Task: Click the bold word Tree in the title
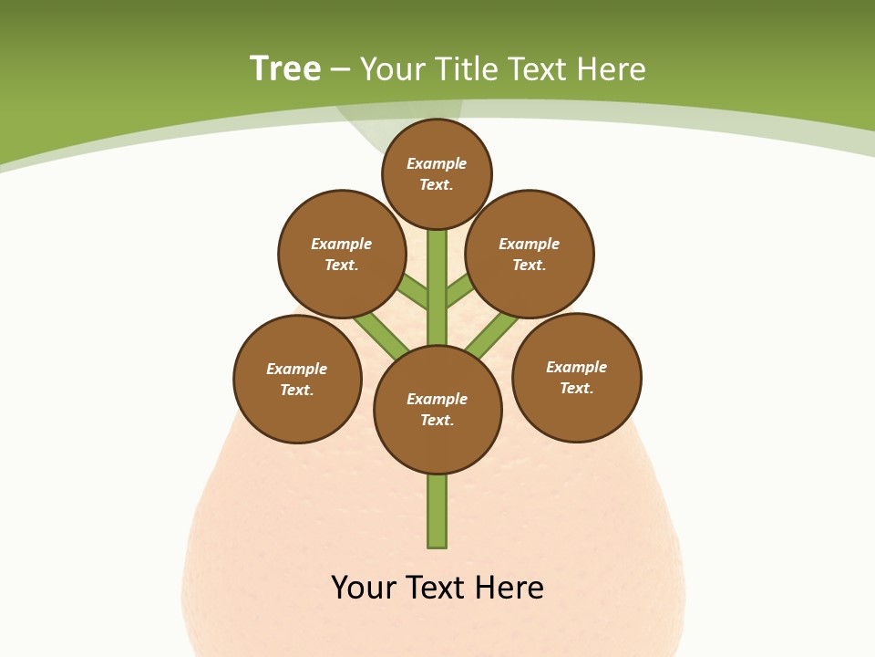[x=285, y=68]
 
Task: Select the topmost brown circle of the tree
[x=437, y=174]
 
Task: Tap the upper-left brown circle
[x=342, y=254]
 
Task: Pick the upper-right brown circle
[x=530, y=254]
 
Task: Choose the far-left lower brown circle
[x=297, y=379]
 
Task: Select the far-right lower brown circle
[x=577, y=377]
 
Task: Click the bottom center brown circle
[x=437, y=410]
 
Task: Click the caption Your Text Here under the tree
[x=437, y=587]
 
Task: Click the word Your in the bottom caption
[x=363, y=587]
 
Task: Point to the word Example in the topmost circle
[x=437, y=164]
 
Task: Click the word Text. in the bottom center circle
[x=437, y=421]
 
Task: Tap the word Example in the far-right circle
[x=576, y=367]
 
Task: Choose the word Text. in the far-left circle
[x=296, y=391]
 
